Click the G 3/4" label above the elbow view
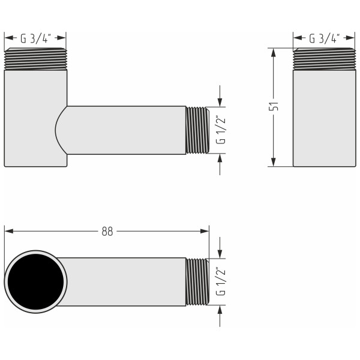coord(35,39)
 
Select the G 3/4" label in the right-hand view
coord(324,39)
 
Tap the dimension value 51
coord(274,107)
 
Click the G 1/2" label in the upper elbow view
coord(221,130)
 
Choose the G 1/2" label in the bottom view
coord(221,282)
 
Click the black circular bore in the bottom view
coord(35,282)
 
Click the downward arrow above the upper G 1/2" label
coord(221,102)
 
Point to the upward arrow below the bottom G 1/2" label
coord(221,310)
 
